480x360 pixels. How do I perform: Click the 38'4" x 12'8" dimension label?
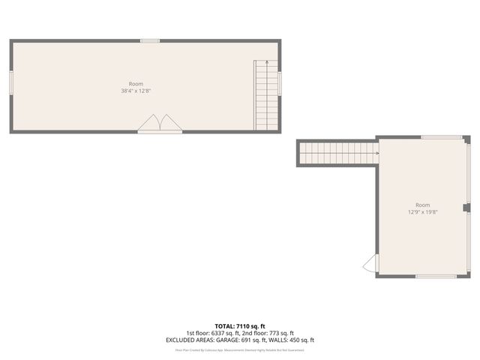[136, 91]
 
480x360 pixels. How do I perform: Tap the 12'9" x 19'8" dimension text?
[423, 212]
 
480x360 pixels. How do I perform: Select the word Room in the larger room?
[136, 84]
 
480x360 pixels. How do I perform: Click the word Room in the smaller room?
[423, 205]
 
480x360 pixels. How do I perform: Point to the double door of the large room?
[160, 124]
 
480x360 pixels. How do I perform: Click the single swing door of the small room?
[369, 263]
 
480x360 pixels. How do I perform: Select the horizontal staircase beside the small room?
[337, 154]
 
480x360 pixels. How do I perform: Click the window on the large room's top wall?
[150, 40]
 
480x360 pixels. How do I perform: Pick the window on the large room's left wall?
[11, 82]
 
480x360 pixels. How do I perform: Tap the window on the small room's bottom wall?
[436, 276]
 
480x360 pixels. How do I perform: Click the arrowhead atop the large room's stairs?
[266, 61]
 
